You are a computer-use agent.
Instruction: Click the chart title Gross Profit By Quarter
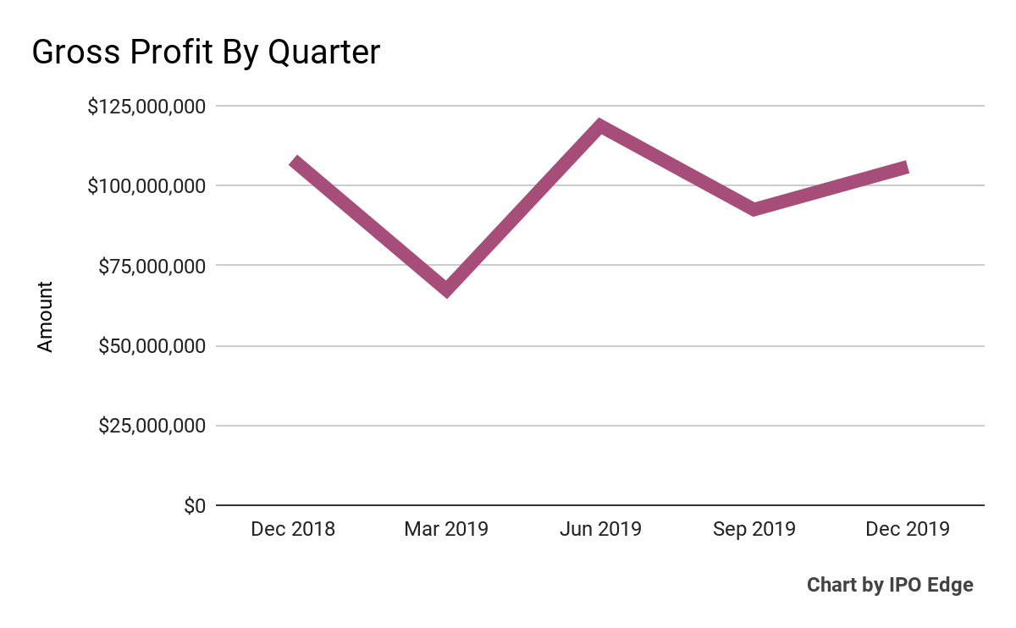tap(206, 53)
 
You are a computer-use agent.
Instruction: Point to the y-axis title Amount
tap(45, 317)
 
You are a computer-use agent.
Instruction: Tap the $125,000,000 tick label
tap(146, 107)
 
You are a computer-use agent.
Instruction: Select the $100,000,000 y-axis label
tap(146, 185)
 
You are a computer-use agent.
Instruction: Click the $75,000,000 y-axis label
tap(152, 266)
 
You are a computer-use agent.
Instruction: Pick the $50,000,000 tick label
tap(152, 346)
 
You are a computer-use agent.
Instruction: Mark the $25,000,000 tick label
tap(152, 426)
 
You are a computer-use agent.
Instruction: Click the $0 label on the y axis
tap(194, 506)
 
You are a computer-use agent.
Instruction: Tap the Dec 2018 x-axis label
tap(293, 530)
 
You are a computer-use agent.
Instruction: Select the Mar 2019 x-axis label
tap(446, 530)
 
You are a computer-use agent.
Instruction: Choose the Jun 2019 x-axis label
tap(600, 530)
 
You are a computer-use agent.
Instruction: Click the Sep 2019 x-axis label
tap(754, 530)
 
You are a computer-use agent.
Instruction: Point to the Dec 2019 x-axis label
tap(908, 530)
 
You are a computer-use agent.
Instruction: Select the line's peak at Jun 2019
tap(600, 127)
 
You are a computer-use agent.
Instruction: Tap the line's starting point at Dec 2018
tap(294, 161)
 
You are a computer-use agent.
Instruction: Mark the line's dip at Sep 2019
tap(754, 209)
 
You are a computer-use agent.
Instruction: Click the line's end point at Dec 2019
tap(906, 168)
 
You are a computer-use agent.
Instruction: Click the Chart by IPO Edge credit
tap(890, 585)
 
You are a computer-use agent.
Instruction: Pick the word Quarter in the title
tap(324, 53)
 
